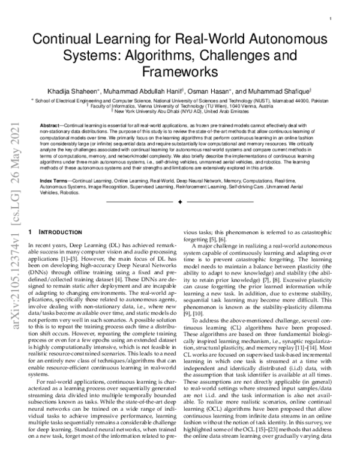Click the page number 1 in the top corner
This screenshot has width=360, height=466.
click(x=340, y=19)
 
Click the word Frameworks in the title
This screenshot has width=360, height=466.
click(x=180, y=73)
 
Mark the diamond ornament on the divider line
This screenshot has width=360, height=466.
click(x=180, y=203)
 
